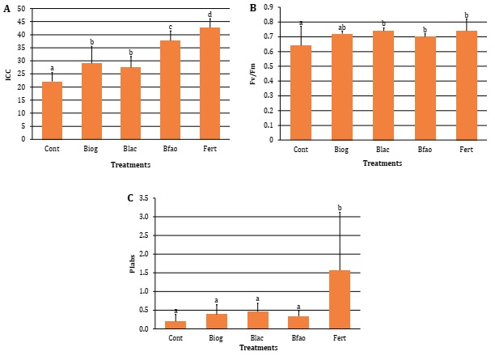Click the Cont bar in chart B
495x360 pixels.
pyautogui.click(x=301, y=92)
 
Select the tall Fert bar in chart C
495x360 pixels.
pyautogui.click(x=340, y=299)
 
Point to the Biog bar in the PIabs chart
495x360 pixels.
pyautogui.click(x=216, y=321)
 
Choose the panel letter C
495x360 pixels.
pyautogui.click(x=129, y=197)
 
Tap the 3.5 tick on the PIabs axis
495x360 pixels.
pyautogui.click(x=145, y=198)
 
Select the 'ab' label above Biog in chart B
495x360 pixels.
pyautogui.click(x=342, y=26)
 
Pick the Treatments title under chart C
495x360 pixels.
pyautogui.click(x=257, y=347)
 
